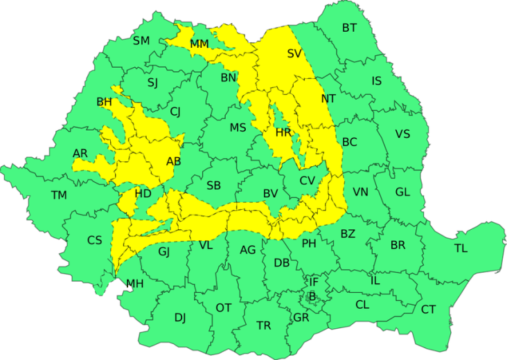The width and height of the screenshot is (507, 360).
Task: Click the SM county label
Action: coord(141,41)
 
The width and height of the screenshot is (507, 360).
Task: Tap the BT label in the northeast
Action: coord(350,28)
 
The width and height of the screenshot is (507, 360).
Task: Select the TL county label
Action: coord(461,249)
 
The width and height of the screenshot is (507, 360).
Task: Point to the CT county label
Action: coord(429,309)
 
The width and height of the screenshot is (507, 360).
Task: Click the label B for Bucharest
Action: coord(312,296)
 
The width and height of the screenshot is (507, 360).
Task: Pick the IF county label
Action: coord(313,282)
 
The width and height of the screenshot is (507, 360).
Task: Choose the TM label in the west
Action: coord(59,195)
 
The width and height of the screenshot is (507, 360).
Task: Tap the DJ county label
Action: coord(180,318)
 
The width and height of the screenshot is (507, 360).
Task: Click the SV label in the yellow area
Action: coord(294,53)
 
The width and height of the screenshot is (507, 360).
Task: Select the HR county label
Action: coord(283,132)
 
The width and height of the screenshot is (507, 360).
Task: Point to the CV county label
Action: coord(308,181)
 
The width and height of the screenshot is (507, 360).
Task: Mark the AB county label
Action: coord(174,161)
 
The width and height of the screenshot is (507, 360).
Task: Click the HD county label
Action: coord(143,193)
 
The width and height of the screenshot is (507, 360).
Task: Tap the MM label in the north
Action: coord(199,44)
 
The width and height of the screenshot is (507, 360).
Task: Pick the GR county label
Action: coord(301,318)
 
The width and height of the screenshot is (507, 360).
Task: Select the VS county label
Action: coord(403,134)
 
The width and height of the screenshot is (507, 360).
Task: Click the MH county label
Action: coord(134,283)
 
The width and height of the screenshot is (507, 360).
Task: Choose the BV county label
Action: coord(270,194)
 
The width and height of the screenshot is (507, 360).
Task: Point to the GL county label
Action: coord(402,192)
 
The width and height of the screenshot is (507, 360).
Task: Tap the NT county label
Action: coord(328,99)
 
